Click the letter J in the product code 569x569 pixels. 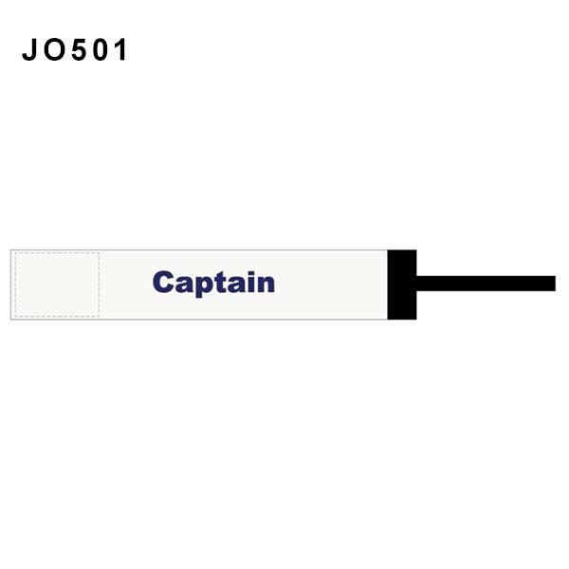coord(29,49)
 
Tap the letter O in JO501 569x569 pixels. coord(54,49)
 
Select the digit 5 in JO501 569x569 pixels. coord(79,49)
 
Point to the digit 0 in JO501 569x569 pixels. coord(101,49)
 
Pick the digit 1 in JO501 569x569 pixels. coord(121,49)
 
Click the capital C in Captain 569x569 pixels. coord(163,282)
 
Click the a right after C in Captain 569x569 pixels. coord(185,284)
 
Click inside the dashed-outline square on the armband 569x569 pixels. coord(57,284)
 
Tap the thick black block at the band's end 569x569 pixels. coord(402,284)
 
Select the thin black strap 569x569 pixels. coord(486,284)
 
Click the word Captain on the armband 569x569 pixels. coord(213,284)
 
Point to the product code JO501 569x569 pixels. coord(74,49)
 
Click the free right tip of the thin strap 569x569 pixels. coord(555,284)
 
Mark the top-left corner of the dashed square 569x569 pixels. coord(15,252)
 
